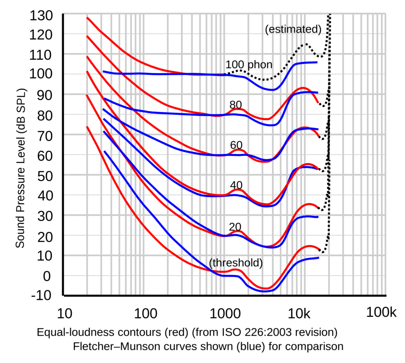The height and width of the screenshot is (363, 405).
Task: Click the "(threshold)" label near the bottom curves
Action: point(236,263)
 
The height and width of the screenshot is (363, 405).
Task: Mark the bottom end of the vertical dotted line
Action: point(328,240)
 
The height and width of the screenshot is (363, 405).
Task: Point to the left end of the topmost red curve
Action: point(87,18)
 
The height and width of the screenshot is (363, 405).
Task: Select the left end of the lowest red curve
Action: point(87,127)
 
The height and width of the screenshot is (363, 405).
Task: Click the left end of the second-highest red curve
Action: point(87,36)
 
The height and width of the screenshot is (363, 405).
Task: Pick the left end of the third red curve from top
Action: point(87,57)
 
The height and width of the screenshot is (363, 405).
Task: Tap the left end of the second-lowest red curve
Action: point(87,96)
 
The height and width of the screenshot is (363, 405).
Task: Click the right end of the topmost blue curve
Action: point(317,62)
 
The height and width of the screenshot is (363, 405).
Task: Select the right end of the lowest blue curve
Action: point(319,258)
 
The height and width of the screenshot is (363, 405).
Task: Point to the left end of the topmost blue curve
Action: point(104,72)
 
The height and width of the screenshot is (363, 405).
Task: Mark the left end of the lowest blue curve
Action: point(104,151)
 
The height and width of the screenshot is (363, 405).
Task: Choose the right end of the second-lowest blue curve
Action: point(318,217)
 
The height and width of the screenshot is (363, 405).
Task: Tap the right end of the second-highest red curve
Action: point(318,102)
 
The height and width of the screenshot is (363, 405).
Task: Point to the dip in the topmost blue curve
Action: point(272,89)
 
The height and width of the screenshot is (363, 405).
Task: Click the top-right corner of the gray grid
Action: point(386,14)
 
